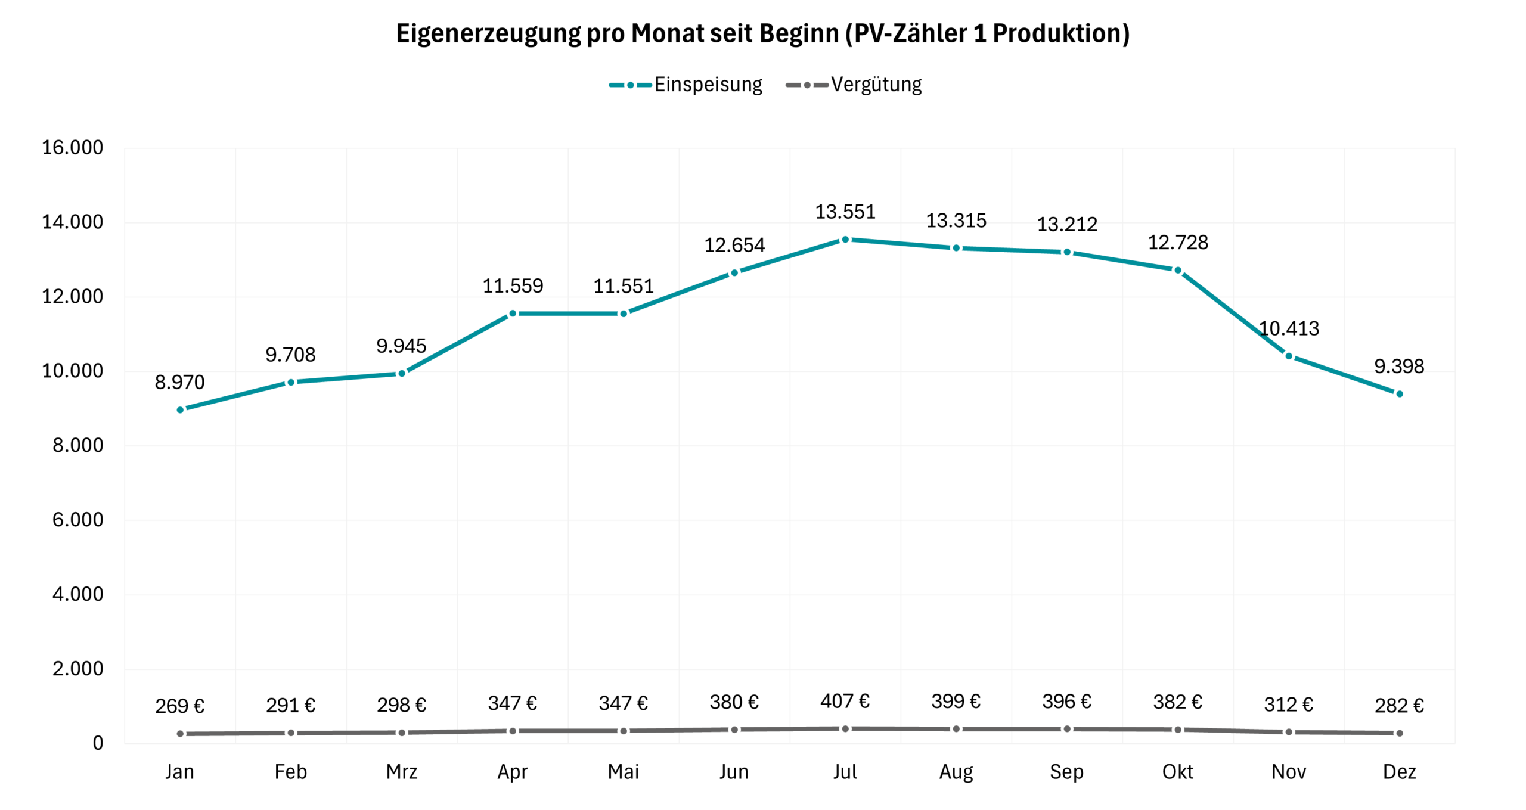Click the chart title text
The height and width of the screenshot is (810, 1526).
click(x=762, y=33)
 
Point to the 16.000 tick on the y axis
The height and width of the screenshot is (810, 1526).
click(x=72, y=148)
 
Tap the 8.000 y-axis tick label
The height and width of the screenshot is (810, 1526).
click(x=77, y=445)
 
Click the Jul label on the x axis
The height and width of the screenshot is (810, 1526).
click(x=845, y=772)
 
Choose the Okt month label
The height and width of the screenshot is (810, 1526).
click(x=1177, y=772)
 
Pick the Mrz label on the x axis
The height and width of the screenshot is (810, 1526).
click(x=401, y=772)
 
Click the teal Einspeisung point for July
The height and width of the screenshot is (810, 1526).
click(x=845, y=240)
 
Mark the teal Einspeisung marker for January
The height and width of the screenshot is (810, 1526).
click(x=180, y=410)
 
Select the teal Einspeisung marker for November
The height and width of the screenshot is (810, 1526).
click(x=1289, y=356)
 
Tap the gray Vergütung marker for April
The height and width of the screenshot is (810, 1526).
click(x=513, y=731)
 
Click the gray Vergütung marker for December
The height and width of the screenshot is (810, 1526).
click(x=1400, y=733)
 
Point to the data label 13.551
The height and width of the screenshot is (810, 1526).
click(x=845, y=212)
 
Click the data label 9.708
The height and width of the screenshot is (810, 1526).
click(x=290, y=355)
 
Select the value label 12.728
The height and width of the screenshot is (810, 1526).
click(x=1178, y=243)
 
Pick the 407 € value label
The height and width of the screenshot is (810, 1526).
click(x=845, y=702)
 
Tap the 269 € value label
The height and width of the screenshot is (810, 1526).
click(x=179, y=706)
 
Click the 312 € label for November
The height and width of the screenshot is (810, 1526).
click(x=1288, y=705)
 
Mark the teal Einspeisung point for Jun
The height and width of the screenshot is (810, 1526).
click(x=734, y=273)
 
